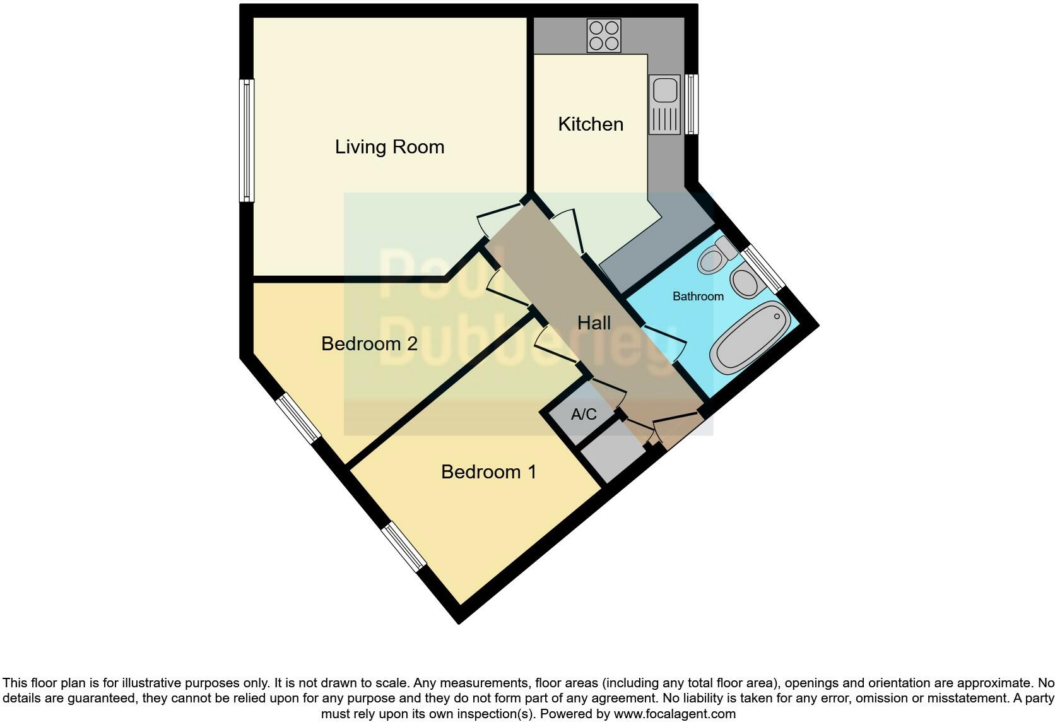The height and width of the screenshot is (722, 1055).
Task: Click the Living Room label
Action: pyautogui.click(x=389, y=147)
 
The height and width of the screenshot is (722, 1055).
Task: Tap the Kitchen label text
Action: pyautogui.click(x=591, y=124)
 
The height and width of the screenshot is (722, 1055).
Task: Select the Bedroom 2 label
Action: pyautogui.click(x=369, y=344)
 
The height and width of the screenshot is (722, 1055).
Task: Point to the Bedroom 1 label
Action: pyautogui.click(x=488, y=472)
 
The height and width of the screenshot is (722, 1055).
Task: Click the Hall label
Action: pyautogui.click(x=594, y=323)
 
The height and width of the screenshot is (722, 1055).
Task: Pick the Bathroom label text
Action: pyautogui.click(x=698, y=297)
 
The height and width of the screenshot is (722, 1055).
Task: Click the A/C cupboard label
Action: pyautogui.click(x=584, y=415)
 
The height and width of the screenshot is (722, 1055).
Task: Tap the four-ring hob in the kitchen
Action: pyautogui.click(x=604, y=35)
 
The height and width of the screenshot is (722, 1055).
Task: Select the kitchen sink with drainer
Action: pyautogui.click(x=665, y=105)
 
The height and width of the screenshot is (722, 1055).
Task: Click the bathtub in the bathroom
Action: pyautogui.click(x=750, y=338)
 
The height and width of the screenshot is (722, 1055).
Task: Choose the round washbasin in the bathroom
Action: pyautogui.click(x=746, y=282)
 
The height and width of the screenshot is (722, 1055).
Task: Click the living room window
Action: pyautogui.click(x=247, y=140)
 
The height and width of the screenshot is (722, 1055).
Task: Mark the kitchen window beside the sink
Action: pyautogui.click(x=692, y=104)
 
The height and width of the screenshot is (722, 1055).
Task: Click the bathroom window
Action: pyautogui.click(x=763, y=268)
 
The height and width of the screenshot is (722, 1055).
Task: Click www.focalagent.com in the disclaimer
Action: pyautogui.click(x=674, y=714)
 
